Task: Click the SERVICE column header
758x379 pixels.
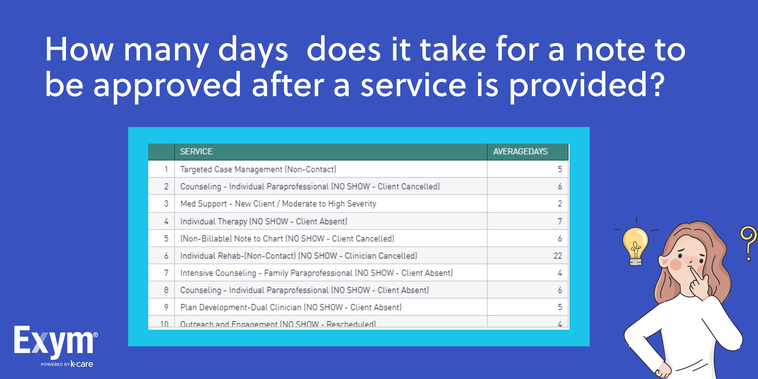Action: [196, 152]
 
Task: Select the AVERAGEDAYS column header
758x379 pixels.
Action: [520, 152]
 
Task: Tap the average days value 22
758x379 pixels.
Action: [558, 256]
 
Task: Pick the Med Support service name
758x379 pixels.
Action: [278, 204]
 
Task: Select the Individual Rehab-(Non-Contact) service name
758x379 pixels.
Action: [298, 256]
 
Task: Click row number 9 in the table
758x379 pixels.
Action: [166, 307]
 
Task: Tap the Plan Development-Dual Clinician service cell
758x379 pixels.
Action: [291, 307]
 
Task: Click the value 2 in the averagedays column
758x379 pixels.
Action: [560, 204]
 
